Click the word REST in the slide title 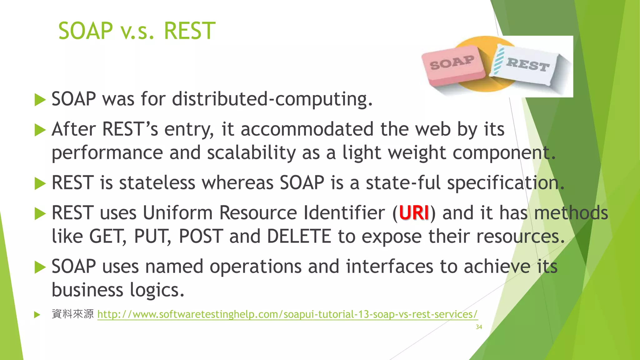pyautogui.click(x=189, y=31)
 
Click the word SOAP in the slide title pyautogui.click(x=85, y=31)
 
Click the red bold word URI pyautogui.click(x=414, y=213)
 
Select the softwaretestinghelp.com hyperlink pyautogui.click(x=287, y=314)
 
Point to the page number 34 pyautogui.click(x=479, y=327)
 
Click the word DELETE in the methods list pyautogui.click(x=299, y=236)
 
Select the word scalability pyautogui.click(x=251, y=153)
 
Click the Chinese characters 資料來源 pyautogui.click(x=72, y=314)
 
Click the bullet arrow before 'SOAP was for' pyautogui.click(x=40, y=100)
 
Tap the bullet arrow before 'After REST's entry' pyautogui.click(x=40, y=130)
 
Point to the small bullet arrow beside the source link pyautogui.click(x=37, y=314)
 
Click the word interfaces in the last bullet pyautogui.click(x=389, y=267)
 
